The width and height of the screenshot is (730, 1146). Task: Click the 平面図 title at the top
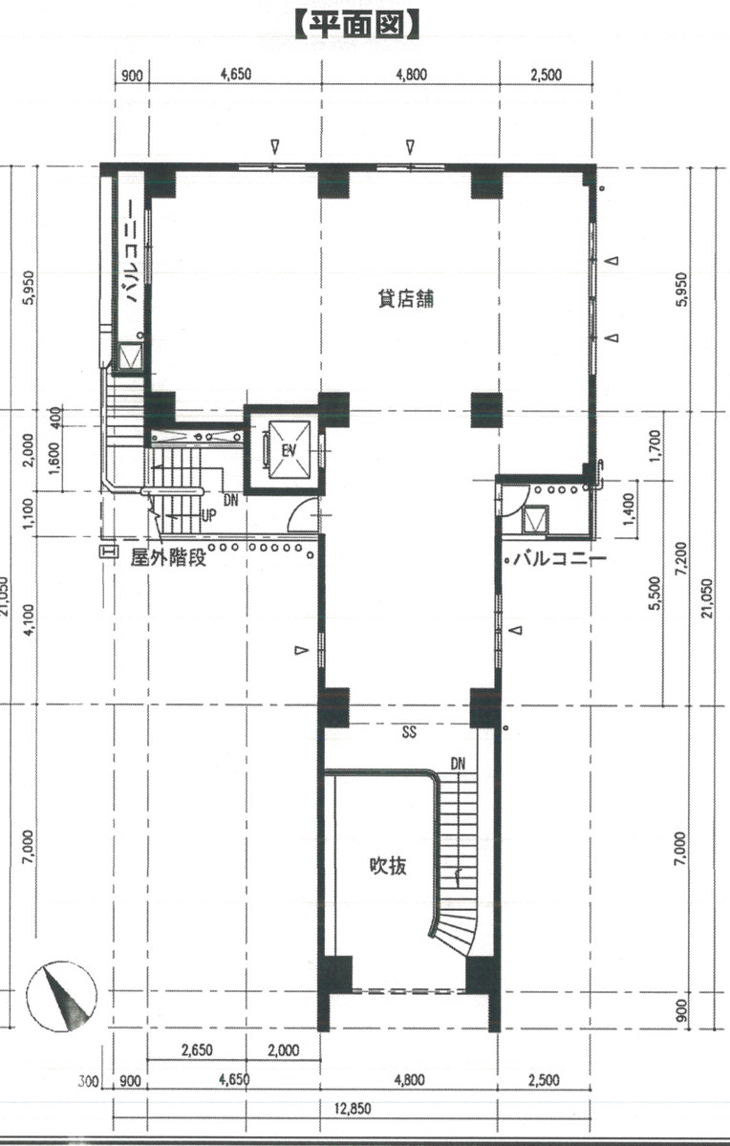[x=357, y=24]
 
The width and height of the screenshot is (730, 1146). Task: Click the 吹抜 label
[x=389, y=866]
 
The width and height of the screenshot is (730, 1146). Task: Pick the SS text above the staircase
[x=409, y=734]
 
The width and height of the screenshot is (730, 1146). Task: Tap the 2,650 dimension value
[x=196, y=1050]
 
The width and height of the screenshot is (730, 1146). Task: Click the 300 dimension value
[x=89, y=1082]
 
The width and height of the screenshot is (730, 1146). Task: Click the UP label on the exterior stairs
[x=207, y=514]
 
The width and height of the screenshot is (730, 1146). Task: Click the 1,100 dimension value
[x=29, y=513]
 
